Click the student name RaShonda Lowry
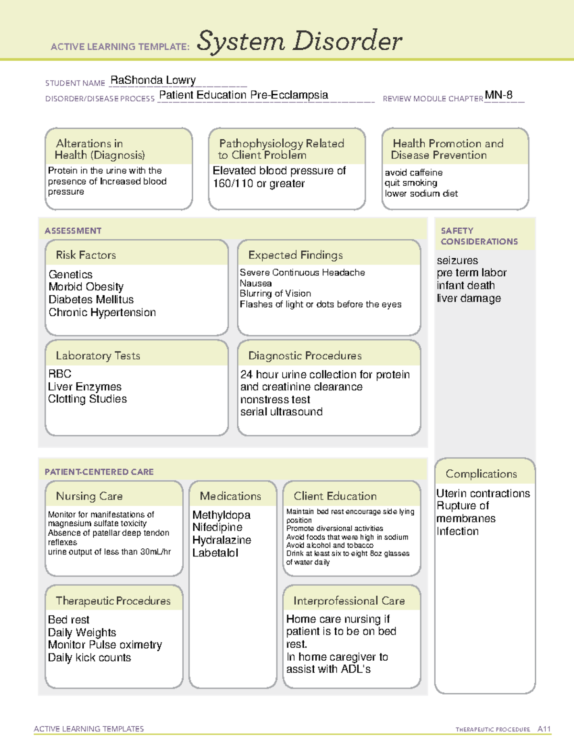(153, 80)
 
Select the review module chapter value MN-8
(498, 95)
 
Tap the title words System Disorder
(299, 41)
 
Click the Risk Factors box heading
(86, 255)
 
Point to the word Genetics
(70, 275)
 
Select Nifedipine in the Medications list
(217, 527)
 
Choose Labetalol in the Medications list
(215, 553)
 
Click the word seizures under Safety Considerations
(457, 261)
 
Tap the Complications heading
(481, 474)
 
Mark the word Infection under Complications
(457, 532)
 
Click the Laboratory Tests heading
(98, 355)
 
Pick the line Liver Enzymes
(85, 387)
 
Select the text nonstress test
(275, 399)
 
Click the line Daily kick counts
(89, 658)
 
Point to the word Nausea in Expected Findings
(256, 283)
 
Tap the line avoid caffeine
(414, 173)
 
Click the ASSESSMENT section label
(73, 231)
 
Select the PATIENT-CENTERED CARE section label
(99, 472)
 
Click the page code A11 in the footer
(544, 729)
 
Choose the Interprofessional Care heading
(349, 601)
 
